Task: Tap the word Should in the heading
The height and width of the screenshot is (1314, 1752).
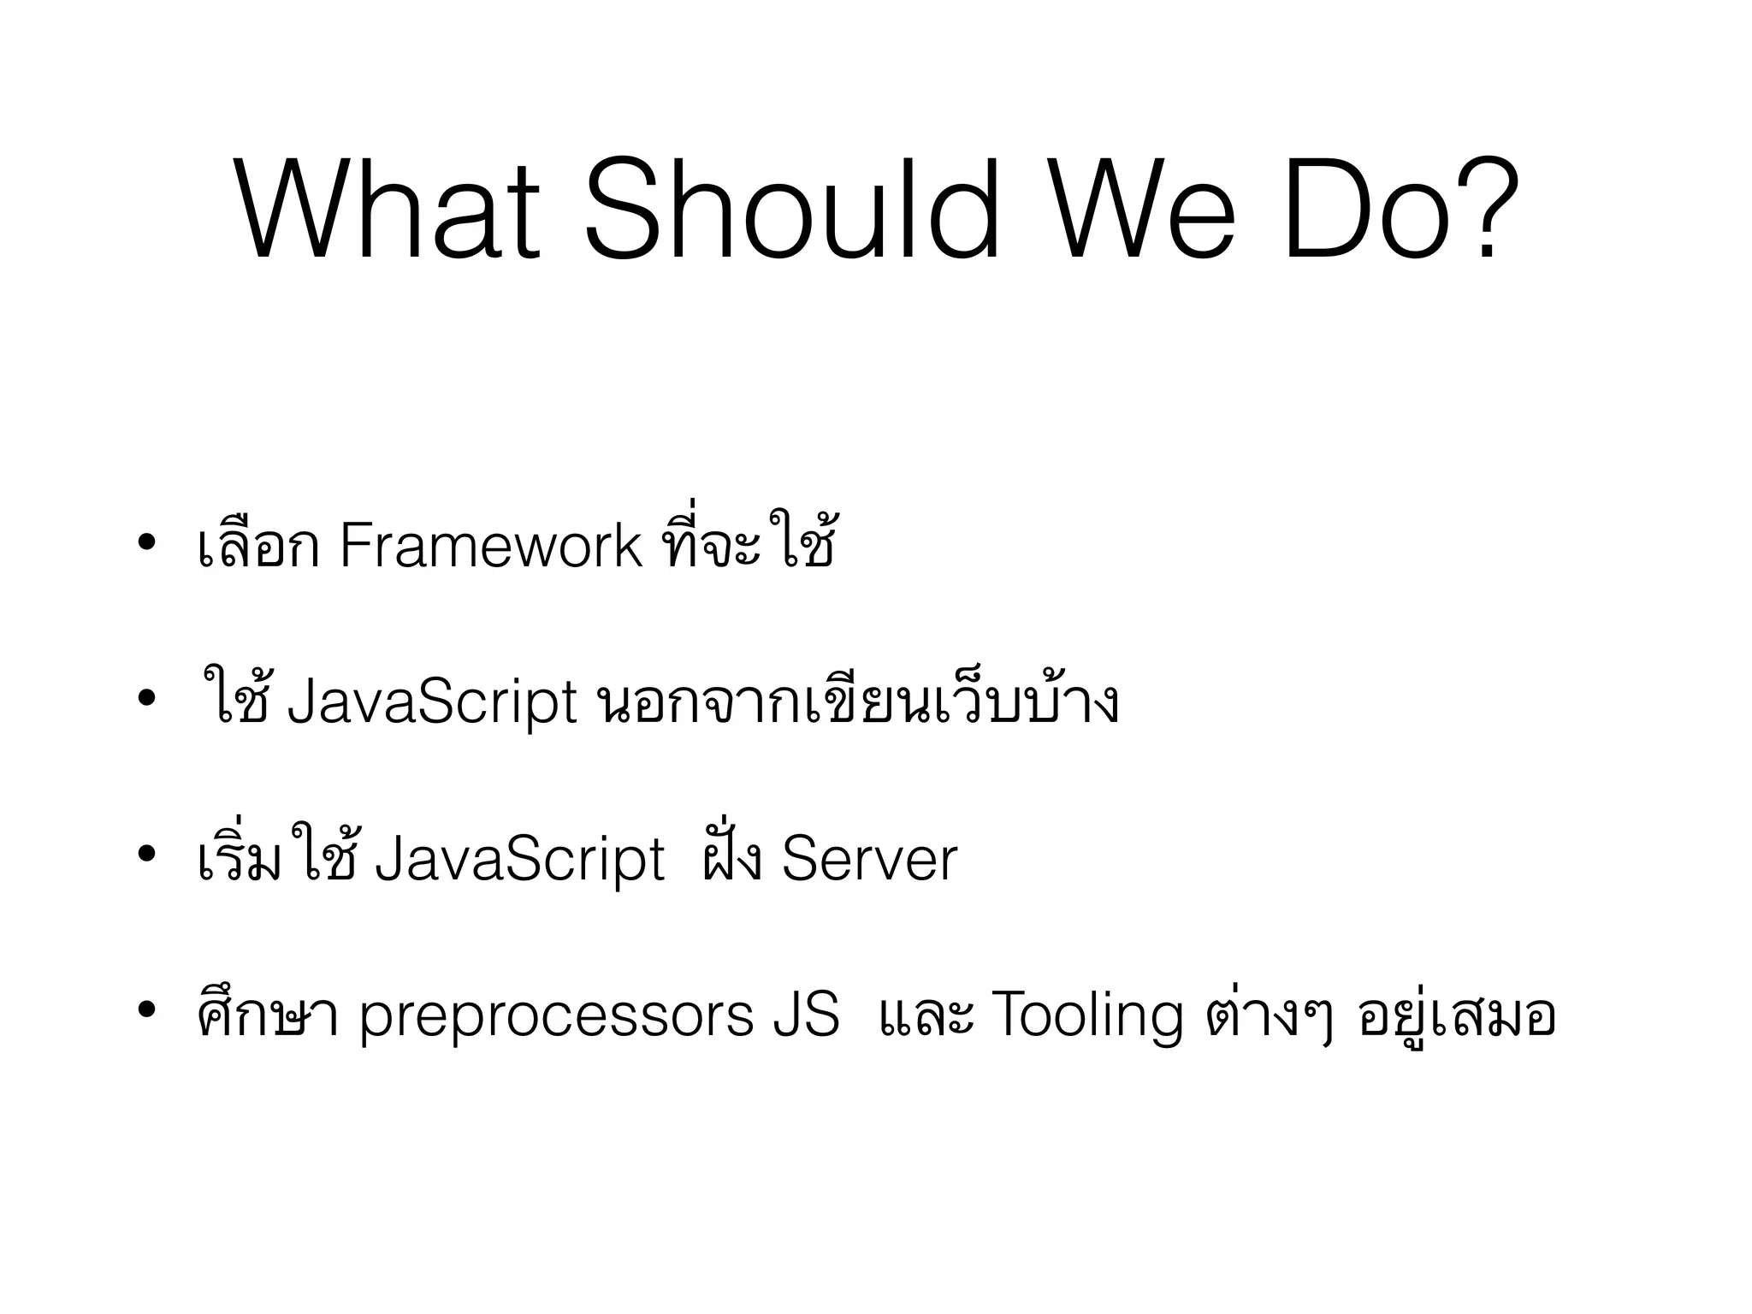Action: coord(791,210)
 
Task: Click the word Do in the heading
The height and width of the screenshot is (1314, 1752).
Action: coord(1369,210)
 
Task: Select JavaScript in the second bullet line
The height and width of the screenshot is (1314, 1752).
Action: coord(433,703)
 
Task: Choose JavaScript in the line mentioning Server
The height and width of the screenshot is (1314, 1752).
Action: coord(520,860)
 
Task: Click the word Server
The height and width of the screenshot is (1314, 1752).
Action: coord(869,860)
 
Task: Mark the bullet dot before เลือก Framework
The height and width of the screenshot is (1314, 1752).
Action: coord(146,542)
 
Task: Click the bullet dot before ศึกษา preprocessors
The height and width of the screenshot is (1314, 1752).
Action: coord(146,1012)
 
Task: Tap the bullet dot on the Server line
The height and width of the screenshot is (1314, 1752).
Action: coord(146,855)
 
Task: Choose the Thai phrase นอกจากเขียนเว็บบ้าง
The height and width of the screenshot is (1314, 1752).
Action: coord(855,703)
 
